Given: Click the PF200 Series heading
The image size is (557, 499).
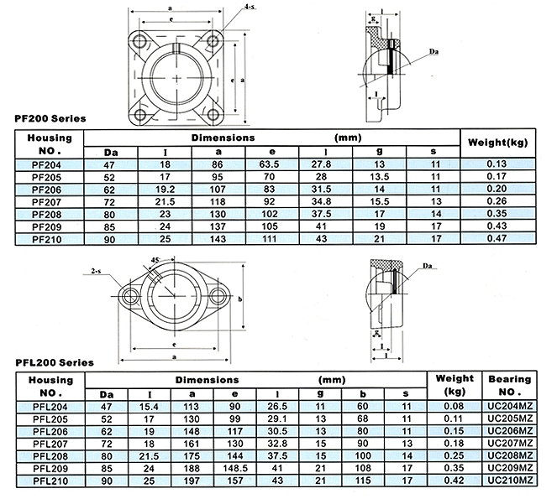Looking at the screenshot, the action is (50, 118).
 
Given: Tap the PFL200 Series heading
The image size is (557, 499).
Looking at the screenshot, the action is (55, 362).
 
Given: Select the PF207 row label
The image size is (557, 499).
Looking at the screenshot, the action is (46, 202).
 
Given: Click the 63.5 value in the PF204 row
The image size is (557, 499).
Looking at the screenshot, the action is (269, 164).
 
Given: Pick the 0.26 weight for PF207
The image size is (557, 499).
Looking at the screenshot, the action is (497, 201).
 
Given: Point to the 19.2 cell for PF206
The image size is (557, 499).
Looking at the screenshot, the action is (165, 189).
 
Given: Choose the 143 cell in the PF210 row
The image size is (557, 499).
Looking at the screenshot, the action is (218, 239).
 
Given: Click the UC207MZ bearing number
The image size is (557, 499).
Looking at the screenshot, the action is (510, 443).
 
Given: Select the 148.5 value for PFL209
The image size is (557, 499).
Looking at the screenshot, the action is (235, 468).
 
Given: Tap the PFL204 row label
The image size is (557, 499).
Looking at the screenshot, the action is (50, 407).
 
